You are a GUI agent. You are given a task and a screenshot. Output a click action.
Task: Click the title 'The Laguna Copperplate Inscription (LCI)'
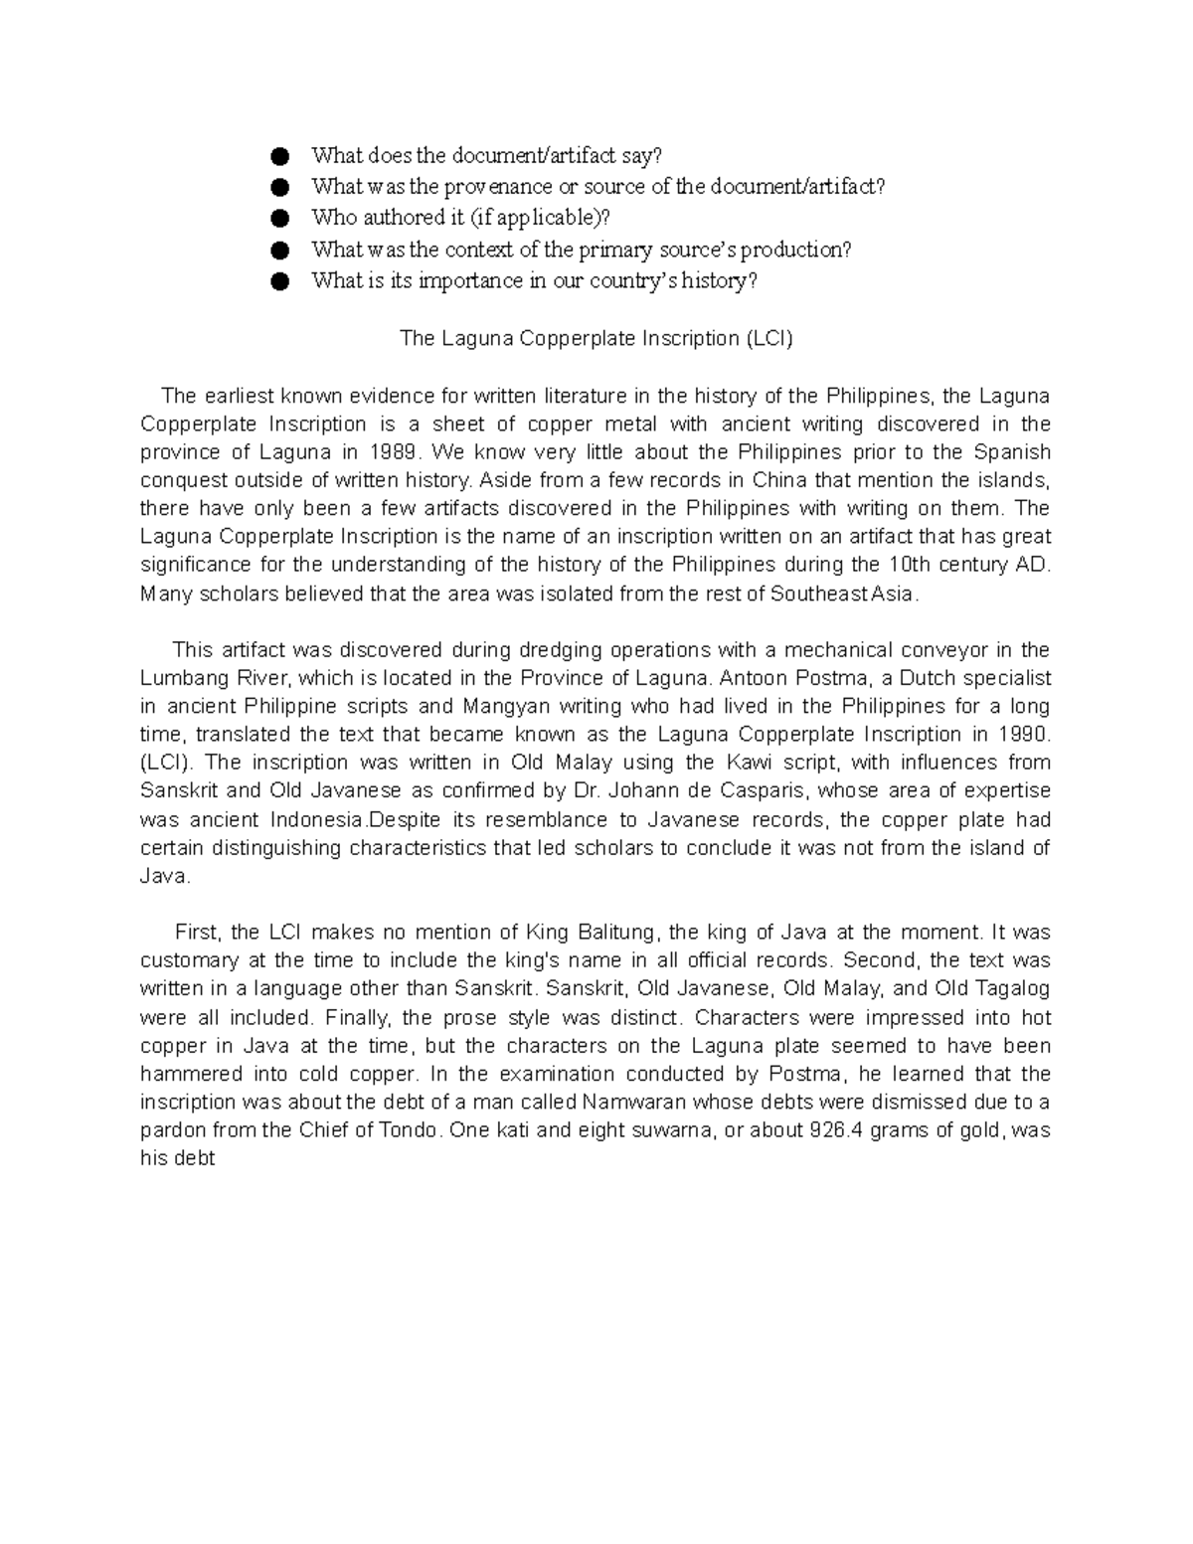(596, 338)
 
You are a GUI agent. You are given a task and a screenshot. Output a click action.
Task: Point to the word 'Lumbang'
(179, 678)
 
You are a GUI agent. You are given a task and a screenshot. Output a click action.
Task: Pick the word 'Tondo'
(408, 1130)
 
